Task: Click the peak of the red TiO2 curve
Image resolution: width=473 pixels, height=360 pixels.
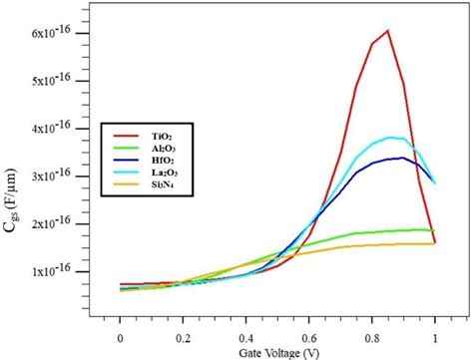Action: (x=387, y=31)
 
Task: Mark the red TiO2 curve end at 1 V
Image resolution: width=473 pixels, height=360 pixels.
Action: (x=435, y=241)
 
